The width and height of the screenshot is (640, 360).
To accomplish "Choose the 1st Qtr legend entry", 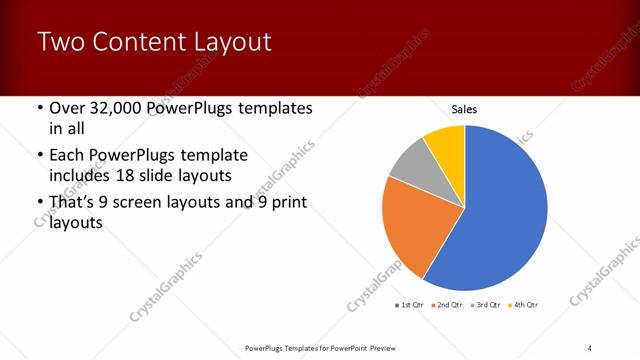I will (x=412, y=305).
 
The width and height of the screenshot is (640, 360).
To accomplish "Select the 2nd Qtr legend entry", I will (x=445, y=305).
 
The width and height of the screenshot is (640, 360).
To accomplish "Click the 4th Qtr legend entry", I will (x=523, y=305).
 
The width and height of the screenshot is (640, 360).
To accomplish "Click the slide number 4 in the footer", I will (x=589, y=348).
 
